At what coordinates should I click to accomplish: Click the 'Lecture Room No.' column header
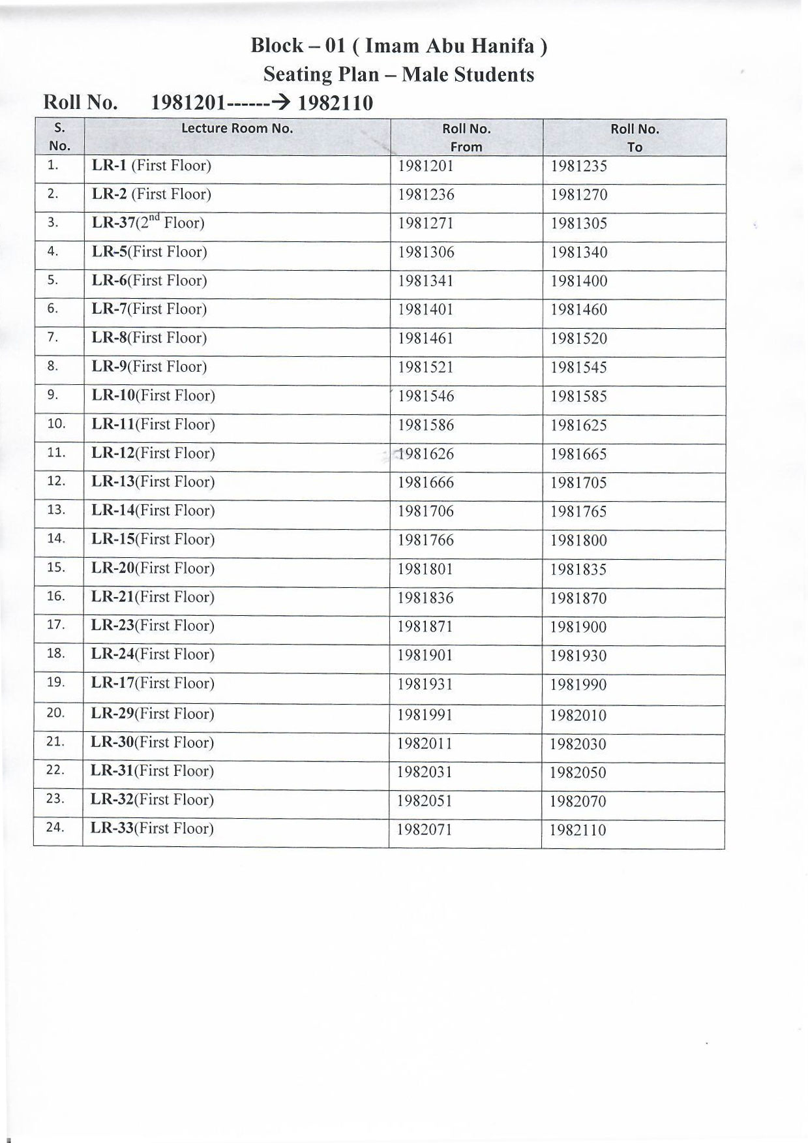pos(237,129)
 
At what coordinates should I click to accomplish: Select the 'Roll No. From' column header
pos(466,138)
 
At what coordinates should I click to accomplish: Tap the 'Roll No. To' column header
pos(635,138)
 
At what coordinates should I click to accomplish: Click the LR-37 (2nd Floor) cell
pos(148,222)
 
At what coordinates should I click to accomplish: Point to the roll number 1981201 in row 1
pos(425,166)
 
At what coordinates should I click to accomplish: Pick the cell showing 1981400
pos(578,281)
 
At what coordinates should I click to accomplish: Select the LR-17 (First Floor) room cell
pos(153,683)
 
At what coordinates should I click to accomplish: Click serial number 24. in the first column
pos(56,827)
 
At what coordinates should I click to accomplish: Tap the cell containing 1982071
pos(425,830)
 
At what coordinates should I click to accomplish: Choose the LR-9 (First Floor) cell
pos(149,367)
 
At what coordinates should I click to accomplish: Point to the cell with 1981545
pos(578,367)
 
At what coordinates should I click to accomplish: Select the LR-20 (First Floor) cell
pos(153,568)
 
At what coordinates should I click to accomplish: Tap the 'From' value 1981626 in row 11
pos(425,453)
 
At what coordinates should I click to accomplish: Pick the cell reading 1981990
pos(578,684)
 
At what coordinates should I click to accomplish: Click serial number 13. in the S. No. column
pos(56,510)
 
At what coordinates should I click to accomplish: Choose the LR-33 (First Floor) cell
pos(152,829)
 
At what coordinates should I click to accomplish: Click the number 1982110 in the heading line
pos(335,103)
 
